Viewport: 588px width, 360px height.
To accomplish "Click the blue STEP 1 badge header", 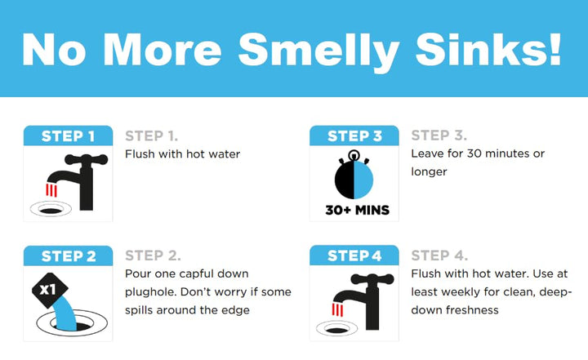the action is (68, 136).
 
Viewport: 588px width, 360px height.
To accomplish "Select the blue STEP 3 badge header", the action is (354, 136).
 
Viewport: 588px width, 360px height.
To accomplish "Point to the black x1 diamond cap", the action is (50, 289).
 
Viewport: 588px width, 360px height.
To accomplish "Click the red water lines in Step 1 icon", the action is (51, 190).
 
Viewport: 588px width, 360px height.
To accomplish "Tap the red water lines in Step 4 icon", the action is (337, 309).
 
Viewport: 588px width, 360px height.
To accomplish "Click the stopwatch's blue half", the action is (363, 180).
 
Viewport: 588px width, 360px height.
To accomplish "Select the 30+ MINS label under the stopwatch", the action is (357, 210).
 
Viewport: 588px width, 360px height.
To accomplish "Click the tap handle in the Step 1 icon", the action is (87, 159).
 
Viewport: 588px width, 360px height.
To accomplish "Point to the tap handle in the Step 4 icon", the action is (372, 279).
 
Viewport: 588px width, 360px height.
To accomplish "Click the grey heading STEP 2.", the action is (153, 256).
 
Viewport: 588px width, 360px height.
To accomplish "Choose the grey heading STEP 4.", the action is (439, 256).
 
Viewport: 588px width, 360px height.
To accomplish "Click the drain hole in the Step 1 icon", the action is (51, 211).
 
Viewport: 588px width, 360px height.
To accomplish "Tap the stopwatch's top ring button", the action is (354, 155).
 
